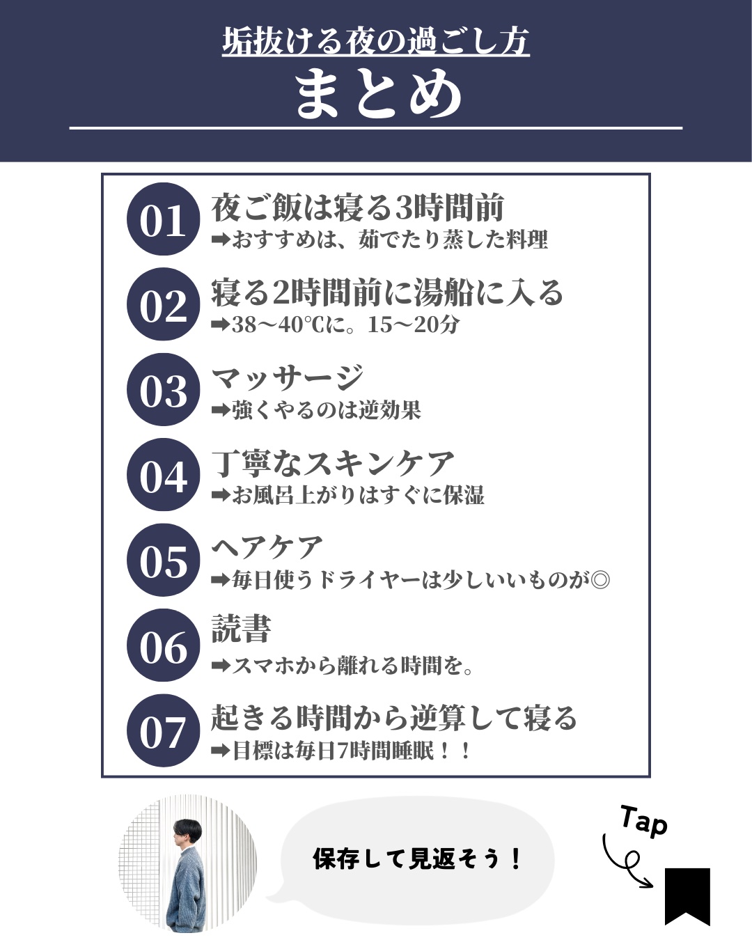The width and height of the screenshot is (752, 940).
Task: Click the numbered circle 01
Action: point(163,219)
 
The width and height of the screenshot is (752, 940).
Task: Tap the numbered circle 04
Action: point(163,475)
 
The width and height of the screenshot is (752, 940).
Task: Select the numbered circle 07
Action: point(163,731)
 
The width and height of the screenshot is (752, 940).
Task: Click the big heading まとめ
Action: point(378,93)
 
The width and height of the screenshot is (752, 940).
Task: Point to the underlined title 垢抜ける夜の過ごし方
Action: point(376,42)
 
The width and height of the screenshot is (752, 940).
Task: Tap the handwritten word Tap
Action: point(644,821)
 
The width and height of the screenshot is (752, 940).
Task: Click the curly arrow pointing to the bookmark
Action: point(626,862)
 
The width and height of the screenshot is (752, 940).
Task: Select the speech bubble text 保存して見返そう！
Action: point(417,859)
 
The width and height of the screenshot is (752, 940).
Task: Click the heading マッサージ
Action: point(288,378)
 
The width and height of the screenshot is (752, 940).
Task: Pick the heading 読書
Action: point(241,629)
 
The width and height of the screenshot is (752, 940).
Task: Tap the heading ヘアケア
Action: point(267,547)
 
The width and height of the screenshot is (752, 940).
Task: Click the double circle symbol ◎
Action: point(600,581)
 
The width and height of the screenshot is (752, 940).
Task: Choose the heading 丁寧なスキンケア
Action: point(333,464)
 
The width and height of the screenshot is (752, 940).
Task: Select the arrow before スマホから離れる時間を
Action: point(221,666)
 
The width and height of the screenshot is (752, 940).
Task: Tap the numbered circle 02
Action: point(163,304)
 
